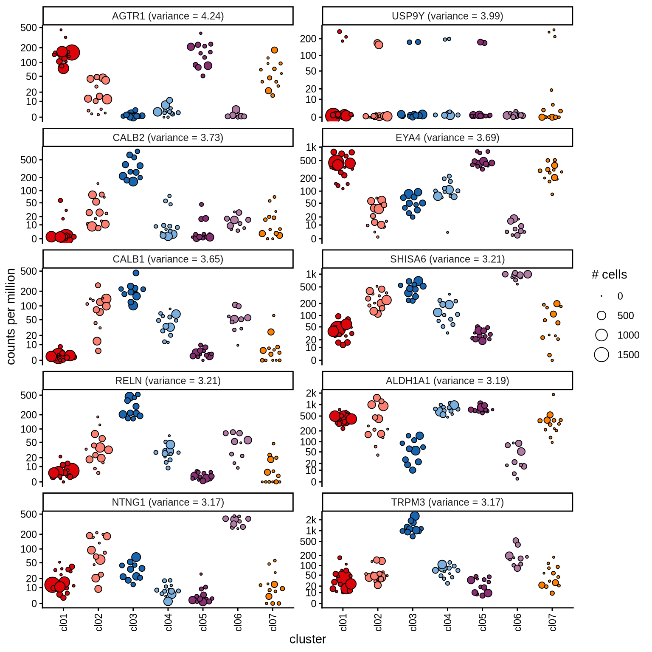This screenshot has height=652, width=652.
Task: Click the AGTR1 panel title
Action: [x=168, y=16]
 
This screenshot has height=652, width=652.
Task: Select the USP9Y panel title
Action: [x=447, y=16]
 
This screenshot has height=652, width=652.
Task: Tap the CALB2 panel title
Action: [x=168, y=138]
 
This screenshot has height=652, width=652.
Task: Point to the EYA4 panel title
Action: [x=447, y=138]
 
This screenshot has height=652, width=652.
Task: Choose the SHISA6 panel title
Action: [x=447, y=259]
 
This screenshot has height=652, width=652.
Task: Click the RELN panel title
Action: [x=168, y=381]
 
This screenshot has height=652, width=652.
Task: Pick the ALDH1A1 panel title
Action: [x=447, y=381]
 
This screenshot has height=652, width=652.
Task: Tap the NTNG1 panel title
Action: [x=168, y=502]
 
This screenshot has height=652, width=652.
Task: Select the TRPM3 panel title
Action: [x=447, y=502]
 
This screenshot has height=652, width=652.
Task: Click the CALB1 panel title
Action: [x=168, y=259]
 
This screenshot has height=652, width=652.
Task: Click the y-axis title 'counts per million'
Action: [x=11, y=316]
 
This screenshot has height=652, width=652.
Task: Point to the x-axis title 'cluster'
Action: [x=308, y=639]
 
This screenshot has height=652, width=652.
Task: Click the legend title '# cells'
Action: [x=609, y=275]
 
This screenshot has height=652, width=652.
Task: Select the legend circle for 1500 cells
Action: [x=601, y=354]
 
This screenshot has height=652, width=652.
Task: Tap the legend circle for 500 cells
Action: [x=601, y=315]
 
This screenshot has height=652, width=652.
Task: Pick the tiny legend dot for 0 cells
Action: [x=601, y=296]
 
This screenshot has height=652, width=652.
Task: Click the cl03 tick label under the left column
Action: [x=134, y=622]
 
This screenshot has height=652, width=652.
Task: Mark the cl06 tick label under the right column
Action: [x=517, y=622]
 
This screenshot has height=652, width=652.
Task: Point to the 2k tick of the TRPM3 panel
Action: [x=311, y=520]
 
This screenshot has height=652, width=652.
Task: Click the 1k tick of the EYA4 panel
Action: [x=311, y=147]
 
